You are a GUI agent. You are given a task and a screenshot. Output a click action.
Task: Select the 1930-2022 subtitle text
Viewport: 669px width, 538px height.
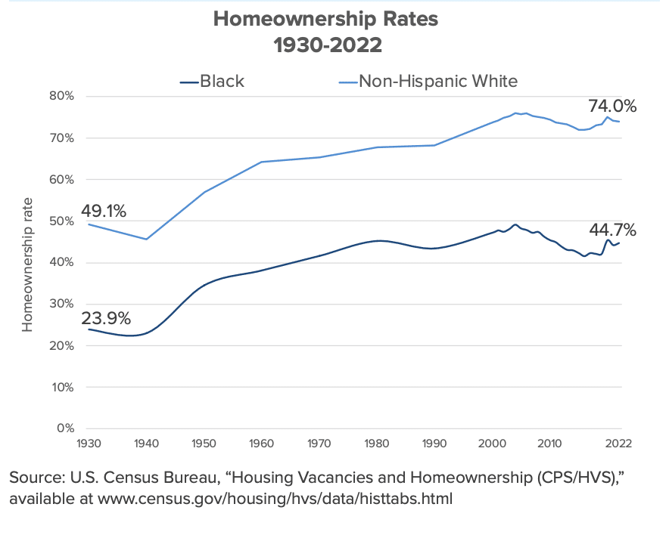pos(327,45)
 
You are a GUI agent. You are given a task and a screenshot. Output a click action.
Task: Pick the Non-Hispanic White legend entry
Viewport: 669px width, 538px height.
pos(438,81)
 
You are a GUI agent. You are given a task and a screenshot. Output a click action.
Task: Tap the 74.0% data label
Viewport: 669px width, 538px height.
pos(612,107)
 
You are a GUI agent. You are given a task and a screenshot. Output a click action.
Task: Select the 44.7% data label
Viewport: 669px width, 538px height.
pos(611,230)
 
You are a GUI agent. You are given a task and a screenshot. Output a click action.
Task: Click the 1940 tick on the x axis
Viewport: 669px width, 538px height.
pos(146,444)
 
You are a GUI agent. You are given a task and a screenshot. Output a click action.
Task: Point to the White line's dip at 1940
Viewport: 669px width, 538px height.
pos(146,239)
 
